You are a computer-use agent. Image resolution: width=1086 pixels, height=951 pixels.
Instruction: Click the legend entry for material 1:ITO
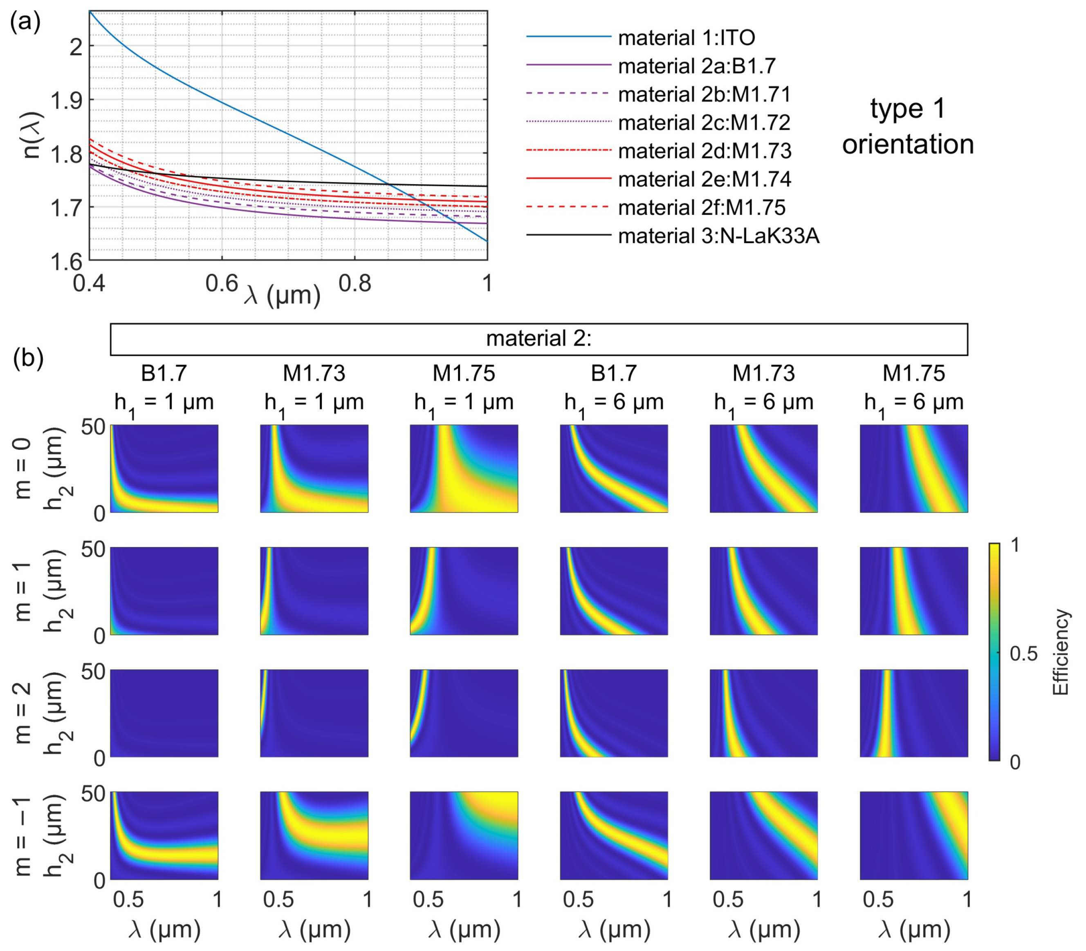point(686,38)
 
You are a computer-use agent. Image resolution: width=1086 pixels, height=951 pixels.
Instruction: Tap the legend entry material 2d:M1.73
point(704,151)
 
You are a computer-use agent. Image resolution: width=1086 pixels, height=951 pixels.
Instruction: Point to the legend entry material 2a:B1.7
point(697,66)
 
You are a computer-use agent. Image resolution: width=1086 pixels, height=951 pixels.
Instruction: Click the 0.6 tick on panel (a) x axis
point(222,284)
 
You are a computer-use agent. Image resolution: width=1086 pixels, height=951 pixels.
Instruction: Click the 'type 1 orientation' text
point(908,126)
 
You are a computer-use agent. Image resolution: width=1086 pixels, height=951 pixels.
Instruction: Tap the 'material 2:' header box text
point(539,339)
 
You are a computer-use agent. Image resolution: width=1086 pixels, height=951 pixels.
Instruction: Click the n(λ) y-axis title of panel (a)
point(33,135)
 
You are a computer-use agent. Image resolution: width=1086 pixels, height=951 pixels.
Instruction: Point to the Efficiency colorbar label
point(1060,653)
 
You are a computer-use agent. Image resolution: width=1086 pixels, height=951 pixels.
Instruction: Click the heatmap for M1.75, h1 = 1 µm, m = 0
point(464,469)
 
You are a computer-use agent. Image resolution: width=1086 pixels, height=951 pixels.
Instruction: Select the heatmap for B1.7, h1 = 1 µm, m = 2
point(164,713)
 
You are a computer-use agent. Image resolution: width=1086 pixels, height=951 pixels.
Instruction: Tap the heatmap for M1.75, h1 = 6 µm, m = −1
point(913,835)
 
